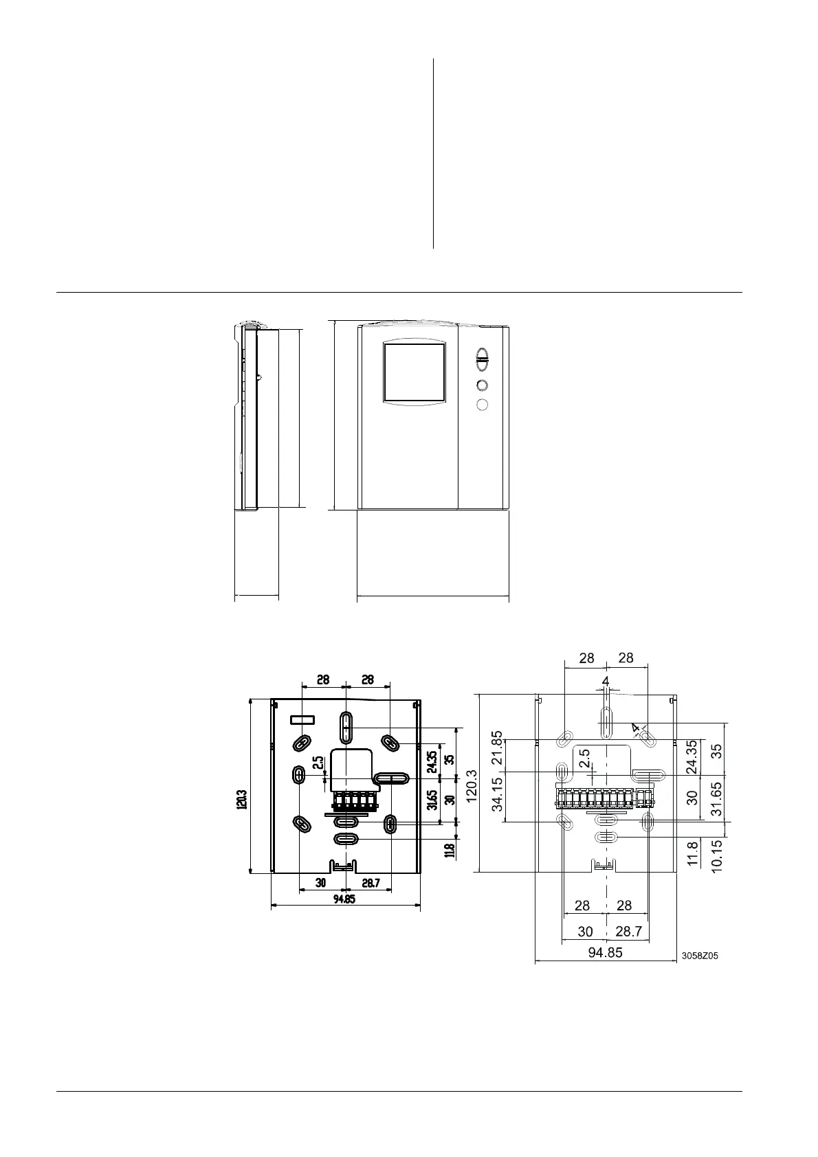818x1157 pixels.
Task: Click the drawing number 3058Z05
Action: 700,956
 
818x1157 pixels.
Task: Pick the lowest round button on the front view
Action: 482,405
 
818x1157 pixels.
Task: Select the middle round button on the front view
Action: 482,385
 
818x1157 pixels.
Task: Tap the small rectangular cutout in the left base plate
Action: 302,719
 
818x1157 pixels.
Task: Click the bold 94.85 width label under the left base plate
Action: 344,899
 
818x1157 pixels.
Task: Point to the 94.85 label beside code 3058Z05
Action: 605,953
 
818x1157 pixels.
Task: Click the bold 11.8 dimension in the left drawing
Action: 450,850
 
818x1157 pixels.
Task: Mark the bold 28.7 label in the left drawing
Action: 371,884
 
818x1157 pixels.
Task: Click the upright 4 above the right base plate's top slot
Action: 606,681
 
